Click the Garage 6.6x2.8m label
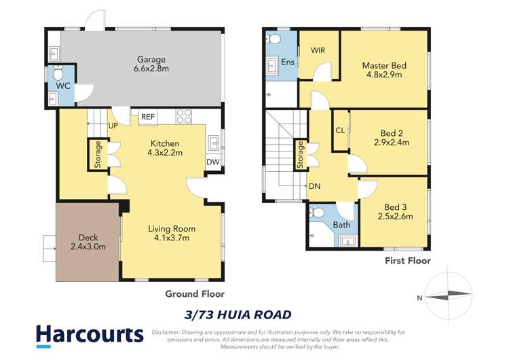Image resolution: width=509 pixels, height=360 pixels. [149, 65]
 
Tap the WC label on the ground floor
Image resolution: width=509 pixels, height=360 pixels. [62, 86]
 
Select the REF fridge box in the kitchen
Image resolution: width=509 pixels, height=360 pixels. [147, 117]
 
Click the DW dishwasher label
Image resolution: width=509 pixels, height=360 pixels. [213, 162]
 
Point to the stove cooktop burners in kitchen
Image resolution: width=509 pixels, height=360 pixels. [184, 116]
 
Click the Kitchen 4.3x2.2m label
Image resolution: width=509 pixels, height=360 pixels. [165, 149]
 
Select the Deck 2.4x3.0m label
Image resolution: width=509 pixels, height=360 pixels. [88, 242]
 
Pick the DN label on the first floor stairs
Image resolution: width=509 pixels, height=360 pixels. [314, 186]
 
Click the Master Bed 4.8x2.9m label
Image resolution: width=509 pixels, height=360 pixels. [384, 70]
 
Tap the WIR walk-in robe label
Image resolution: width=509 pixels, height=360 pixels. [318, 51]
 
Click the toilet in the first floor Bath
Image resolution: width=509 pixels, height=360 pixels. [317, 213]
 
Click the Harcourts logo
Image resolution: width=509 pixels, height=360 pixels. [90, 334]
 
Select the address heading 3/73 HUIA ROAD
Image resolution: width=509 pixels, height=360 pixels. [238, 314]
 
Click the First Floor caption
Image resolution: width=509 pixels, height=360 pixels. [407, 260]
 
